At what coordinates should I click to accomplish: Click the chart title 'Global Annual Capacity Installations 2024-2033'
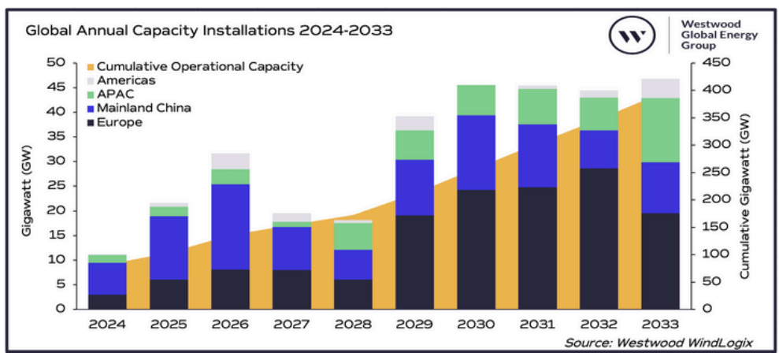209,32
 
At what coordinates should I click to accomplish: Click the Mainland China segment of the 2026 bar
230,227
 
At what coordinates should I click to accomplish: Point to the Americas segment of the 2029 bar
415,123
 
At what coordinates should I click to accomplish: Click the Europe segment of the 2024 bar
107,301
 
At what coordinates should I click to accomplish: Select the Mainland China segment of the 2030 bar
477,153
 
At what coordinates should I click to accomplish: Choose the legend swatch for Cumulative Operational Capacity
90,67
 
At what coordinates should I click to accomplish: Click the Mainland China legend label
143,108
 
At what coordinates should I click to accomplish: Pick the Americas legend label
126,80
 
